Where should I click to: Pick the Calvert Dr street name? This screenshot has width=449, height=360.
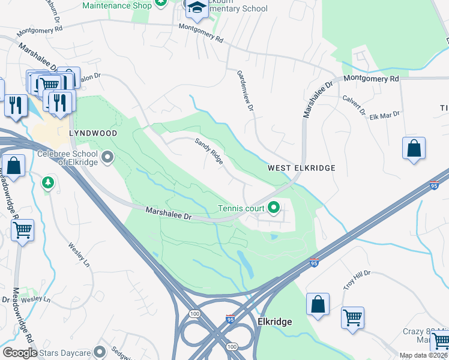pyautogui.click(x=354, y=104)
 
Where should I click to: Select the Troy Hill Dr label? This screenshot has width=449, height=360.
pyautogui.click(x=358, y=279)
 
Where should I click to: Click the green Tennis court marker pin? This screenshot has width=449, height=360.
pyautogui.click(x=274, y=209)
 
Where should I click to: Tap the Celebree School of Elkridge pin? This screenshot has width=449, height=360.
pyautogui.click(x=108, y=158)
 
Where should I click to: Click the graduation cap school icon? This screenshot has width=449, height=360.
pyautogui.click(x=196, y=8)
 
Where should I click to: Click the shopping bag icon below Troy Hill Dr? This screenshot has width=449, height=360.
pyautogui.click(x=318, y=304)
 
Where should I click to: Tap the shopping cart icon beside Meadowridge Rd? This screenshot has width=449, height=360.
pyautogui.click(x=22, y=230)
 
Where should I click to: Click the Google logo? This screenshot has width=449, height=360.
pyautogui.click(x=20, y=353)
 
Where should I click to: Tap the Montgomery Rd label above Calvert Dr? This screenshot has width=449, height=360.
pyautogui.click(x=370, y=79)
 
